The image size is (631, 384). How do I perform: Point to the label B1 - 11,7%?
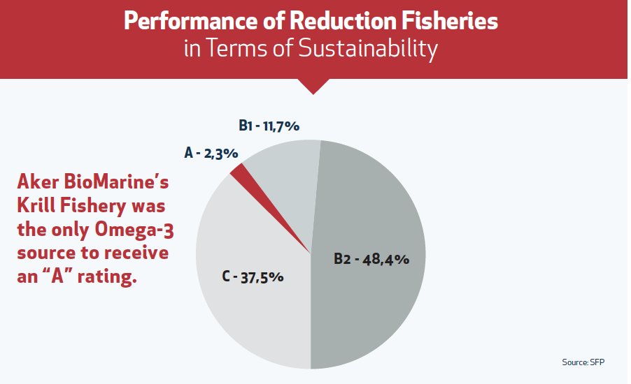coord(269,126)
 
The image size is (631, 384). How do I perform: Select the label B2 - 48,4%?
coord(371,259)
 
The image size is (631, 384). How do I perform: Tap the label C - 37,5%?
coord(253,276)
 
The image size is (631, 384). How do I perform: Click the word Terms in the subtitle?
coord(236,50)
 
